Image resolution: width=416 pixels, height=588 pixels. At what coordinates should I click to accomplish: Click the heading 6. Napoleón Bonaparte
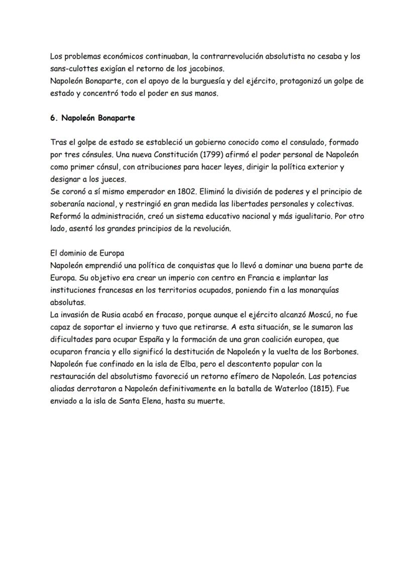92,118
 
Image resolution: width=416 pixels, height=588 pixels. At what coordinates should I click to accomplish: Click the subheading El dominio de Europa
87,254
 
